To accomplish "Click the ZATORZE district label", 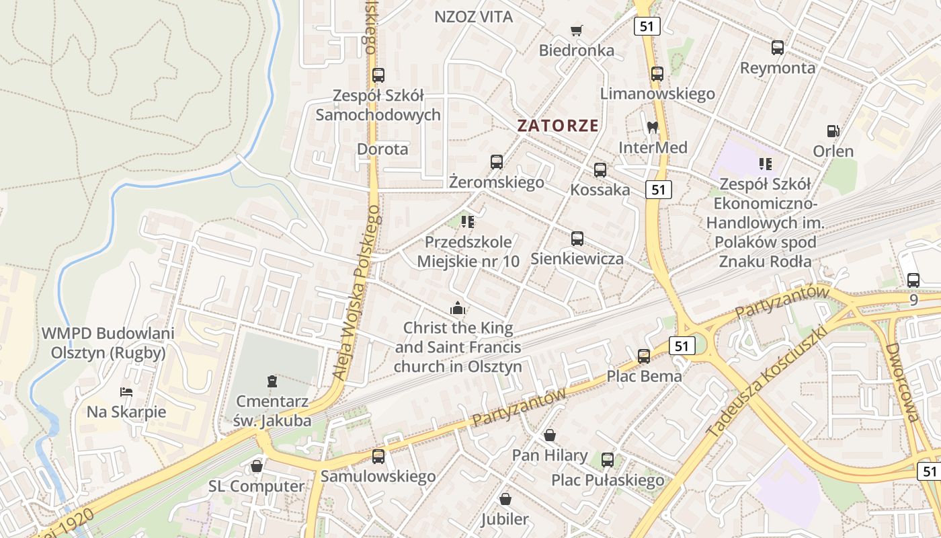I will click(x=557, y=125).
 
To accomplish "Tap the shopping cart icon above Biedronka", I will click(x=576, y=30).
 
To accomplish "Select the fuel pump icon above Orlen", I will click(x=833, y=131).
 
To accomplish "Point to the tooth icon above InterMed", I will click(x=651, y=127).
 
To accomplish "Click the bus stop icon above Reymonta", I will click(x=778, y=48).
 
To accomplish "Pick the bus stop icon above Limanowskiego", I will click(x=657, y=74).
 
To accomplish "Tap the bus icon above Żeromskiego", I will click(x=497, y=162).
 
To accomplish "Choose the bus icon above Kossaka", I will click(x=600, y=170).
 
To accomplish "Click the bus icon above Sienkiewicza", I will click(x=577, y=239).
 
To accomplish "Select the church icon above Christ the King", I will click(x=458, y=308).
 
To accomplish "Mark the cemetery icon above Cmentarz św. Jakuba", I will click(x=272, y=382).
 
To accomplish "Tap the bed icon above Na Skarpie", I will click(x=126, y=391).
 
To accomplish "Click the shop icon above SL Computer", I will click(x=256, y=466).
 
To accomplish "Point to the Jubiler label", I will click(x=505, y=518).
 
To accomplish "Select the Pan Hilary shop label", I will click(x=550, y=455).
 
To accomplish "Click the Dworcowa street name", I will click(x=901, y=383).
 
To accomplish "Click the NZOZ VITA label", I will click(x=474, y=17).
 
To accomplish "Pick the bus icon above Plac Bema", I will click(x=644, y=356).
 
